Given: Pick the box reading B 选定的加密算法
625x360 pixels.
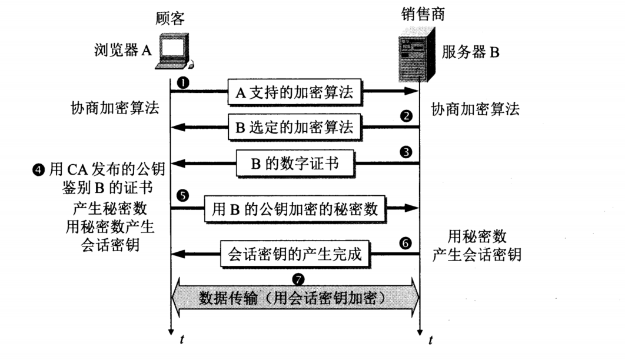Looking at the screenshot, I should click(x=294, y=126).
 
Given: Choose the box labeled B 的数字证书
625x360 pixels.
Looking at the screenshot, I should click(x=295, y=164).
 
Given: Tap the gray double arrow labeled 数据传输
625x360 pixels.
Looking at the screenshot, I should click(x=294, y=297).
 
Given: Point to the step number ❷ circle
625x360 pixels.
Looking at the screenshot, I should click(x=405, y=116).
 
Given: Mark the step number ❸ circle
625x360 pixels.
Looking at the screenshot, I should click(x=405, y=152).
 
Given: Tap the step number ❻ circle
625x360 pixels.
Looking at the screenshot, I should click(x=405, y=242).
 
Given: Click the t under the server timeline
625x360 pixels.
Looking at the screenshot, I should click(x=431, y=340).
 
